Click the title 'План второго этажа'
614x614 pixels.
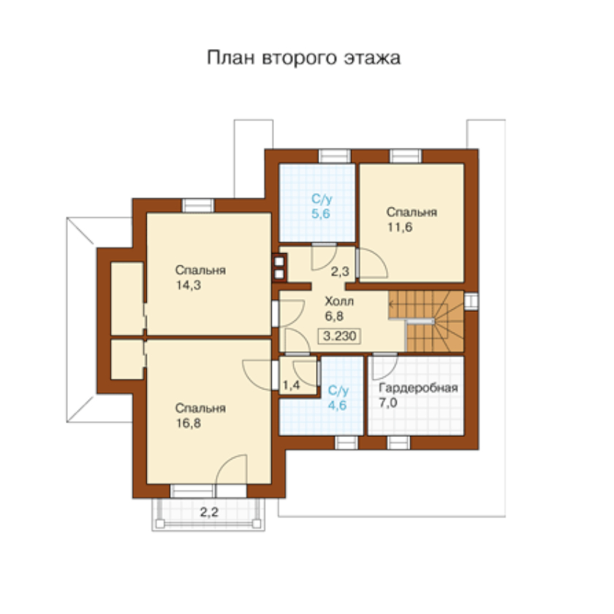(x=303, y=58)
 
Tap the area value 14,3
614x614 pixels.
(x=189, y=285)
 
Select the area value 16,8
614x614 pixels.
(x=189, y=423)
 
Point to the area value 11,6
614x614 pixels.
(x=400, y=227)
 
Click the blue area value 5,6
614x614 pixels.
(x=321, y=213)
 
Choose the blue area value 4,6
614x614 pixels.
(x=337, y=405)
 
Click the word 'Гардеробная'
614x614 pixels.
(x=418, y=388)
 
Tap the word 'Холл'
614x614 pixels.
(x=339, y=301)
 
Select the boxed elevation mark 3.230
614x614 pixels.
(x=339, y=336)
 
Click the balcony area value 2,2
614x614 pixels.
(x=209, y=512)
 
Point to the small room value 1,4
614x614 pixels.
(x=291, y=385)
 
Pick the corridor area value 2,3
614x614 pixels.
(x=339, y=271)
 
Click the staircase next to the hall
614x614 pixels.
(x=426, y=321)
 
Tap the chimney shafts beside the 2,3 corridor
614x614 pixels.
(x=279, y=268)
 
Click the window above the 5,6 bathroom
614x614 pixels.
(x=335, y=156)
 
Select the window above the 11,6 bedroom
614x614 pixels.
(x=406, y=156)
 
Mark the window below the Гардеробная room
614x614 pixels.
(x=398, y=443)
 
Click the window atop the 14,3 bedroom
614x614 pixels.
(x=198, y=205)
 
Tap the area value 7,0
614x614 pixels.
(x=388, y=403)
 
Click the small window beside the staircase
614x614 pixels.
(x=471, y=301)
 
